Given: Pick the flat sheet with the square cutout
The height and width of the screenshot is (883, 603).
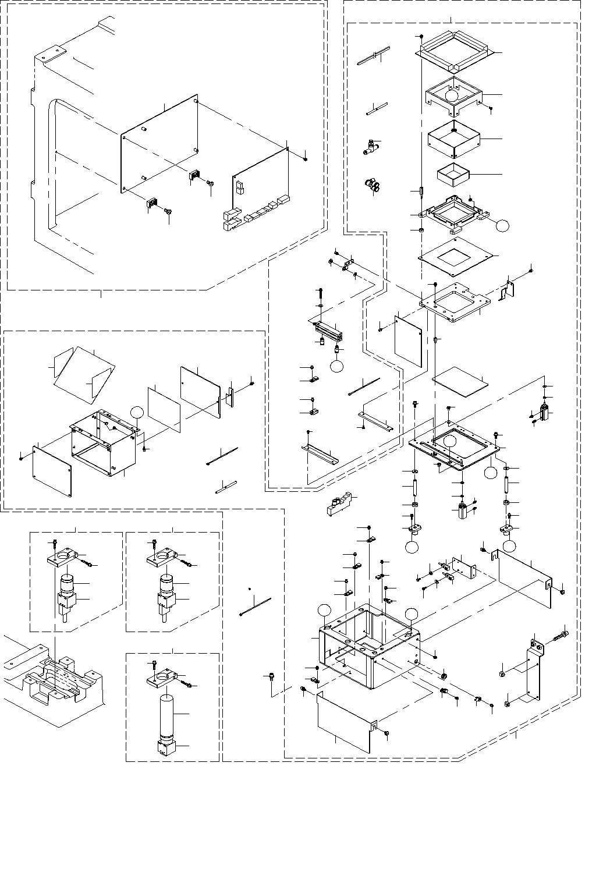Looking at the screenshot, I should [x=457, y=256].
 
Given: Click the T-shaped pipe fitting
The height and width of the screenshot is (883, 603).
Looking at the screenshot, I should [x=368, y=147].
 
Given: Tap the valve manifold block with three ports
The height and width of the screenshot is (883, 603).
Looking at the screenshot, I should [x=340, y=505].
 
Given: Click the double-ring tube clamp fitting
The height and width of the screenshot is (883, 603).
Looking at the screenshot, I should [x=371, y=186].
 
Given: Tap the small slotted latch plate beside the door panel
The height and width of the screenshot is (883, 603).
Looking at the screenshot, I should [x=230, y=397].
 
